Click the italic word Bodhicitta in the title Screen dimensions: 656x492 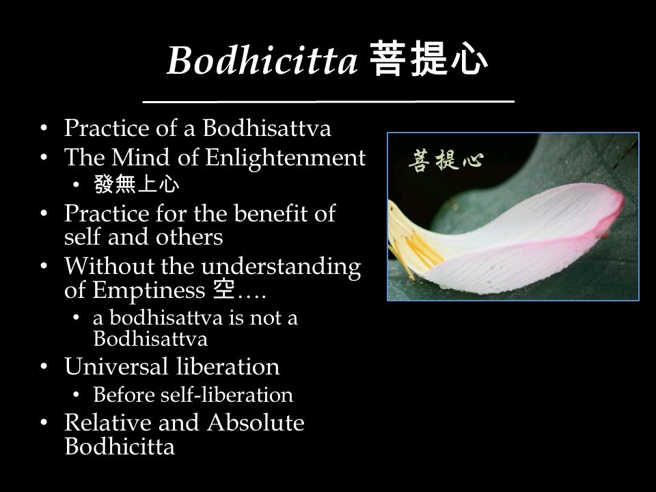click(262, 60)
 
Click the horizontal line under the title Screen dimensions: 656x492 click(329, 101)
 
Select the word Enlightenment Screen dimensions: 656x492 click(286, 158)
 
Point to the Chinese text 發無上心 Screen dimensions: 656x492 click(137, 184)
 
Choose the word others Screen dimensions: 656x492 click(189, 237)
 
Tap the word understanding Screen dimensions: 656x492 click(281, 268)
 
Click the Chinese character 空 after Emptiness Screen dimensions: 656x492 click(223, 290)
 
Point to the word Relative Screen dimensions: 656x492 click(107, 422)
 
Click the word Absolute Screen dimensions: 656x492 click(256, 422)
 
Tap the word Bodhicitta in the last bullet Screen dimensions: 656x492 click(120, 446)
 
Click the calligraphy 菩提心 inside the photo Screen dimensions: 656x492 click(446, 160)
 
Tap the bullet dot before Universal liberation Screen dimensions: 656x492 click(44, 367)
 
